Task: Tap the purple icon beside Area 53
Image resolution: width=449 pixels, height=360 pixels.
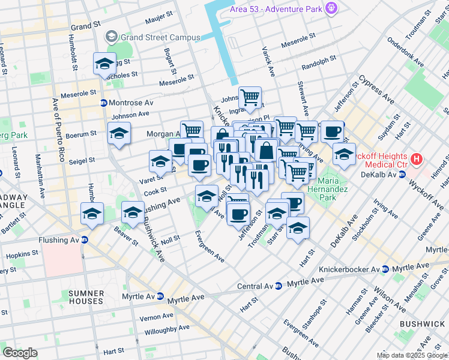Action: [x=330, y=7]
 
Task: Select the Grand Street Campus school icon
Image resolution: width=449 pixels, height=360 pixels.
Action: [x=111, y=37]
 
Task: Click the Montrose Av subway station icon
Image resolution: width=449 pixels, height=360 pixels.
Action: [x=103, y=103]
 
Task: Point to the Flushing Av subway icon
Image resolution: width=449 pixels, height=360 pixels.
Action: [x=85, y=240]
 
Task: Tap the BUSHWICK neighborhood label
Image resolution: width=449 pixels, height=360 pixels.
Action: [x=423, y=324]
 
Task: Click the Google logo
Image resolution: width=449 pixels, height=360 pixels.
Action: [x=19, y=353]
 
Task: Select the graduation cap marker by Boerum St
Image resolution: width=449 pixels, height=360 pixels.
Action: [x=119, y=134]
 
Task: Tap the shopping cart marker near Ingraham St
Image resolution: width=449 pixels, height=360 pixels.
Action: [x=250, y=97]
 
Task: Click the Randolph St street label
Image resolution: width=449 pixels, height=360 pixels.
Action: [x=319, y=61]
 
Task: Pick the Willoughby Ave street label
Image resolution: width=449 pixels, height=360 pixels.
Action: [x=166, y=329]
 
